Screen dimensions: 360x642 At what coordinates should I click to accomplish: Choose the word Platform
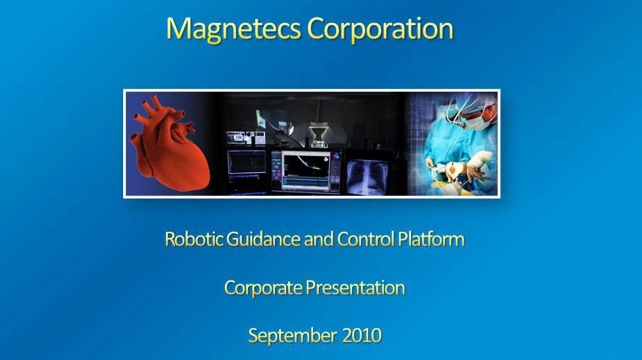point(431,239)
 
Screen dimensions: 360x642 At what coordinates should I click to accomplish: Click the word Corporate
point(263,288)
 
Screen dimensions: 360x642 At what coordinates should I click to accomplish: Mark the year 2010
point(362,336)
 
